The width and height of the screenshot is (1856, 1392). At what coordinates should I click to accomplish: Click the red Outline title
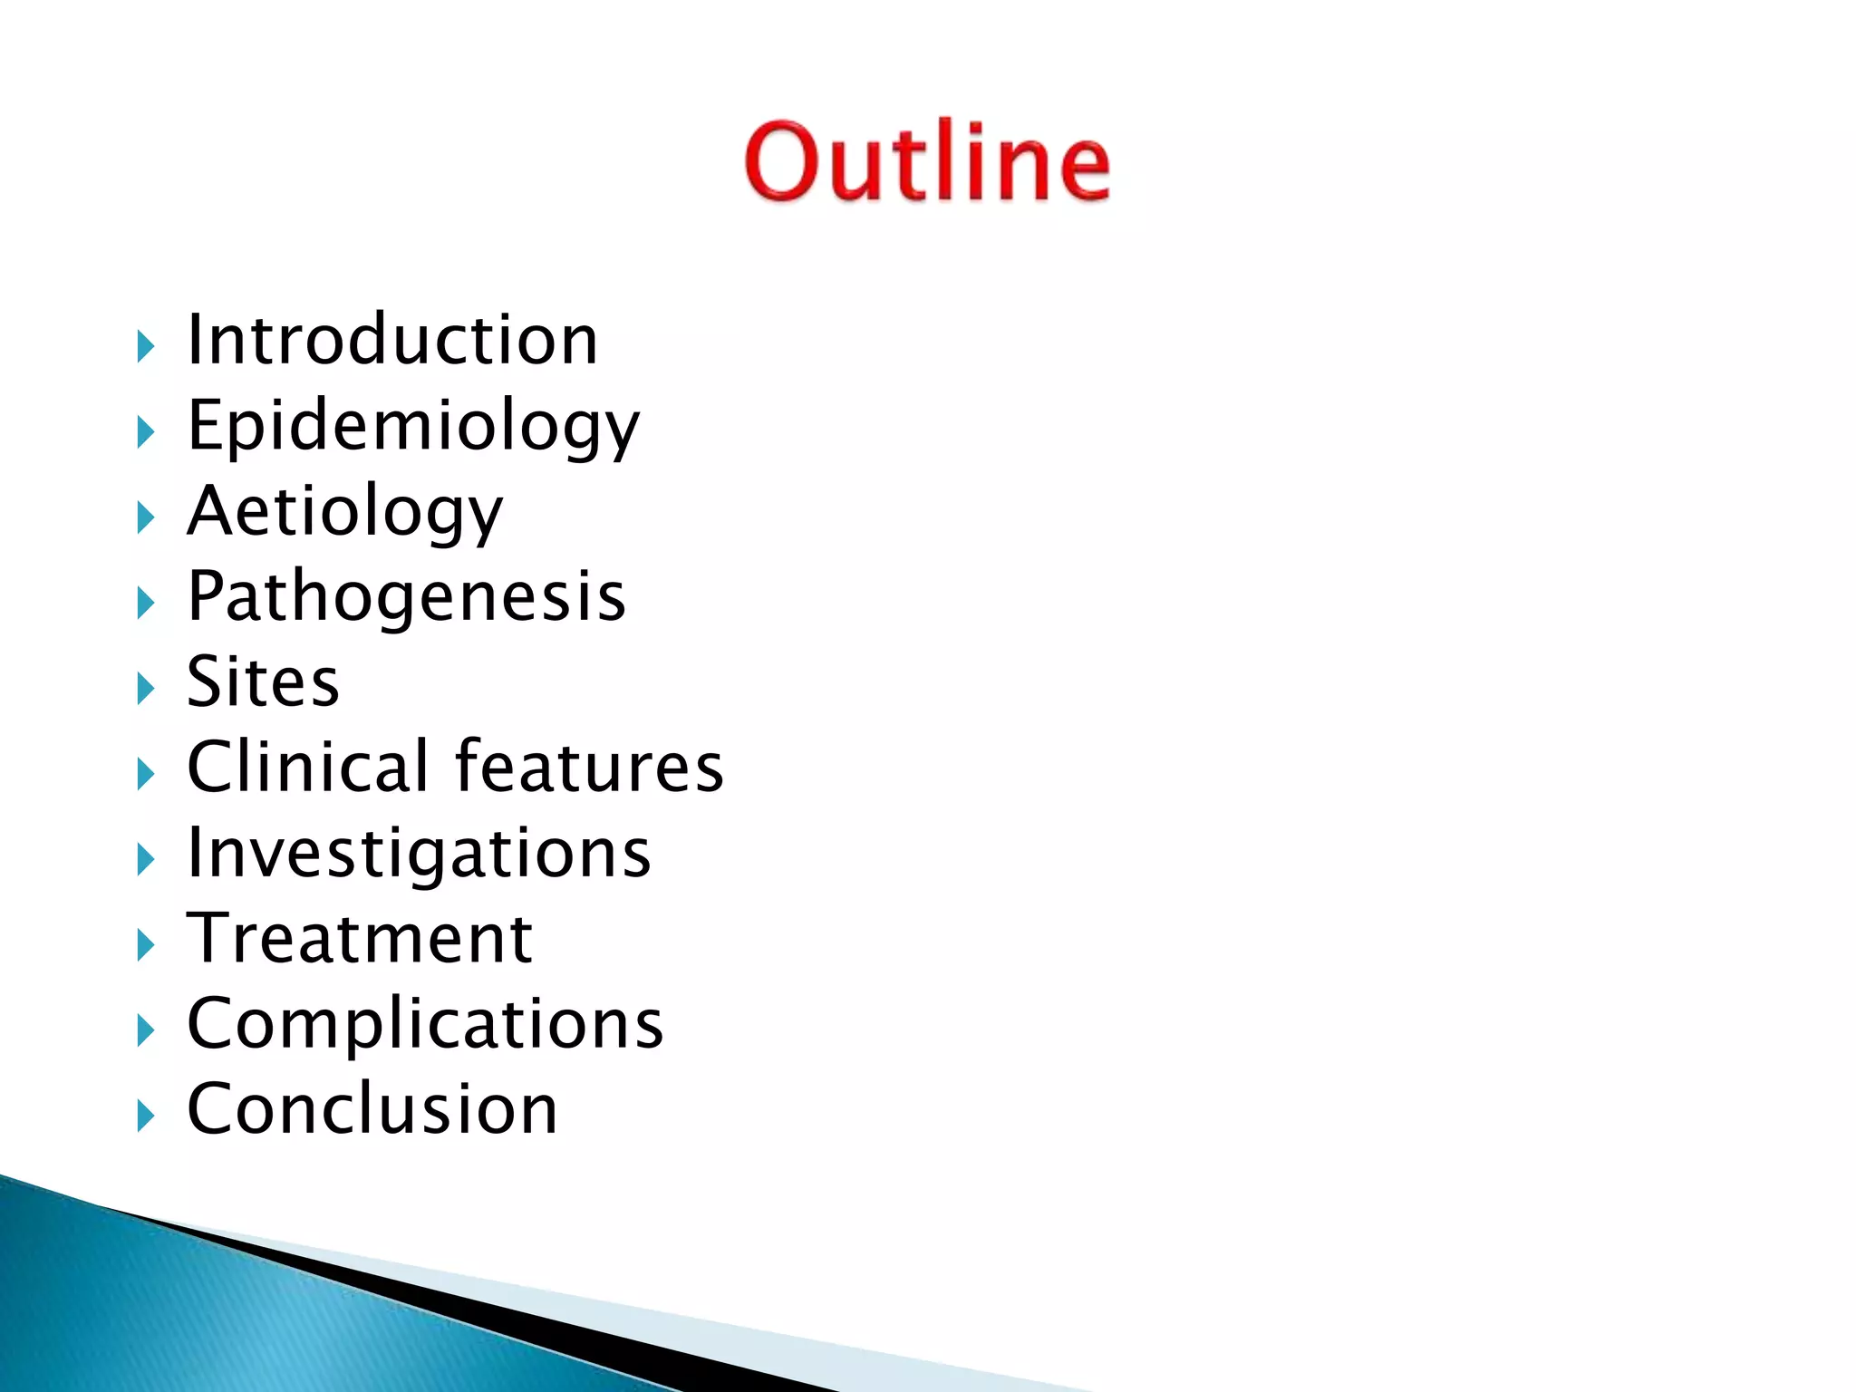click(x=926, y=161)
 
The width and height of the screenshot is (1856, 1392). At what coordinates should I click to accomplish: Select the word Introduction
click(x=391, y=340)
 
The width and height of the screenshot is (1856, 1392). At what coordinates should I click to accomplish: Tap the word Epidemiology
click(x=413, y=425)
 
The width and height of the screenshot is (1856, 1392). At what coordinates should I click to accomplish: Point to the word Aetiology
click(x=344, y=511)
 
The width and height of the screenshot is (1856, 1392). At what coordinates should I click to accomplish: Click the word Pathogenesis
click(x=406, y=596)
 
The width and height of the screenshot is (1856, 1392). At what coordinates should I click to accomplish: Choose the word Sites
click(x=263, y=681)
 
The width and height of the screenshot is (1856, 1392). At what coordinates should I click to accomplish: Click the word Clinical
click(x=308, y=767)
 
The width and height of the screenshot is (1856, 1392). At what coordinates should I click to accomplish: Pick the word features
click(x=589, y=767)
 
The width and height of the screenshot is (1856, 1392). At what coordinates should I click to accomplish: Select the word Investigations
click(x=419, y=854)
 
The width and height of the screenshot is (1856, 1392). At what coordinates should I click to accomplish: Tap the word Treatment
click(x=360, y=938)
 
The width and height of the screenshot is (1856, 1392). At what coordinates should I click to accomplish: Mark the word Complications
click(x=425, y=1024)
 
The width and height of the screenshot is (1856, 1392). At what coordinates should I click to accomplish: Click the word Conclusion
click(x=372, y=1109)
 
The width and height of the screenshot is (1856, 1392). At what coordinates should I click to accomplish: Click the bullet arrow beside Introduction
click(x=146, y=346)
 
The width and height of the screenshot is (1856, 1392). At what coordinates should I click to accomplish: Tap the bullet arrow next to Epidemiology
click(x=146, y=432)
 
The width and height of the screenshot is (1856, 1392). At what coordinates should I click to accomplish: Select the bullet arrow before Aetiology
click(x=146, y=517)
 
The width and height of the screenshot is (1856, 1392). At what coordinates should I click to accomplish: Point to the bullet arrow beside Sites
click(x=146, y=689)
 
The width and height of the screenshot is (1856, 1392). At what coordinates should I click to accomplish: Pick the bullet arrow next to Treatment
click(x=146, y=945)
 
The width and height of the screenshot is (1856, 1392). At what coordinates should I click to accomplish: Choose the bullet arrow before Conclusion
click(x=146, y=1116)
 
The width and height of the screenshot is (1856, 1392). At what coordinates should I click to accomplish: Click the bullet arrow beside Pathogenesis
click(x=146, y=603)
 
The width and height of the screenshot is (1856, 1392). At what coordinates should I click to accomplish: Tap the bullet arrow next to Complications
click(x=146, y=1030)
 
